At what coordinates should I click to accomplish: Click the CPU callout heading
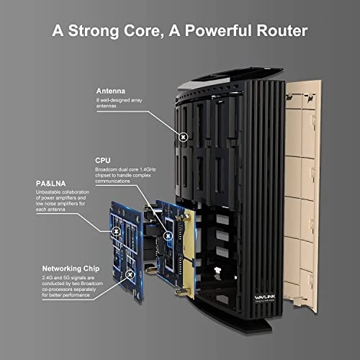[102, 160]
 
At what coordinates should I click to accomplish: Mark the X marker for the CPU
[171, 235]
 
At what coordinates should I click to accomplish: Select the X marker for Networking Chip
[130, 274]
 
